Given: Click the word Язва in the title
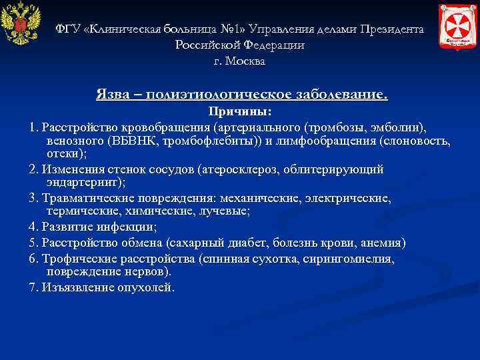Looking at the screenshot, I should coord(115,95).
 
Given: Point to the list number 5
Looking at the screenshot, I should coord(33,242).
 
